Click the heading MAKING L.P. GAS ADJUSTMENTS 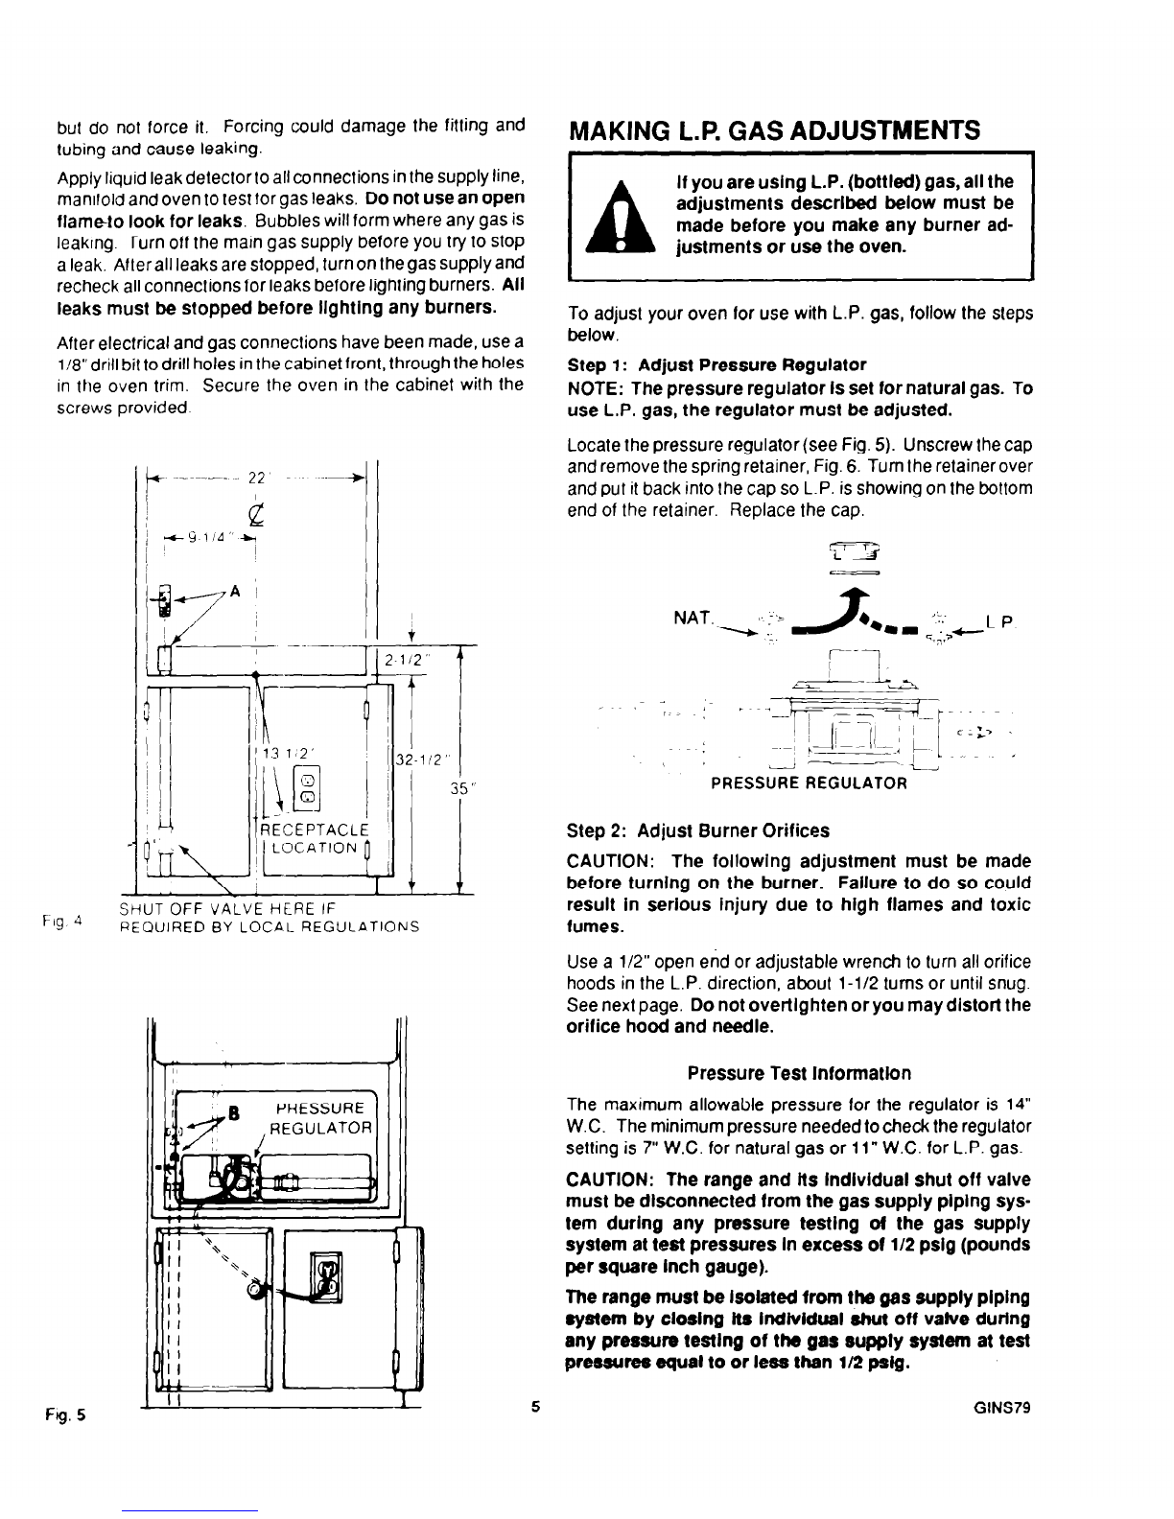[774, 129]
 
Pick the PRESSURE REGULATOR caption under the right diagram [809, 783]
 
